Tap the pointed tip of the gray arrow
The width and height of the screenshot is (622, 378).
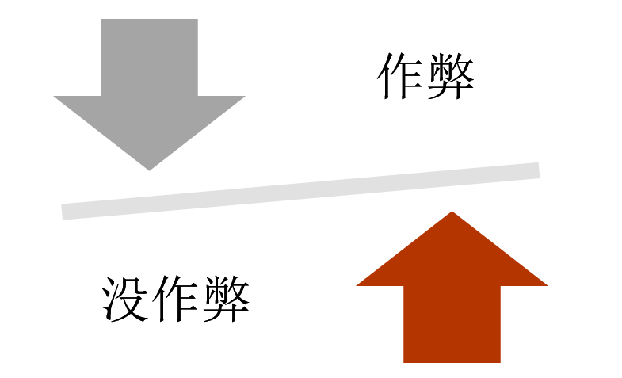coord(149,168)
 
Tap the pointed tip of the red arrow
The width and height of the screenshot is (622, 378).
coord(452,213)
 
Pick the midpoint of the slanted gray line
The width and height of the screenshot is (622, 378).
coord(301,191)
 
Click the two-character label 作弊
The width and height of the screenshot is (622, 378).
coord(426,77)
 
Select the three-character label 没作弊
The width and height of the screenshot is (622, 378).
coord(176,299)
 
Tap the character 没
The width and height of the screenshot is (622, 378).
coord(126,299)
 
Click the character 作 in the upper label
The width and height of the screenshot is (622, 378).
coord(401,77)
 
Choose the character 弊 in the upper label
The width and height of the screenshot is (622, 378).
coord(451,77)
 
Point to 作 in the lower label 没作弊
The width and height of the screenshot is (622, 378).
coord(176,299)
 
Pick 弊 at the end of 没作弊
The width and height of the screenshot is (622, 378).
coord(226,299)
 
